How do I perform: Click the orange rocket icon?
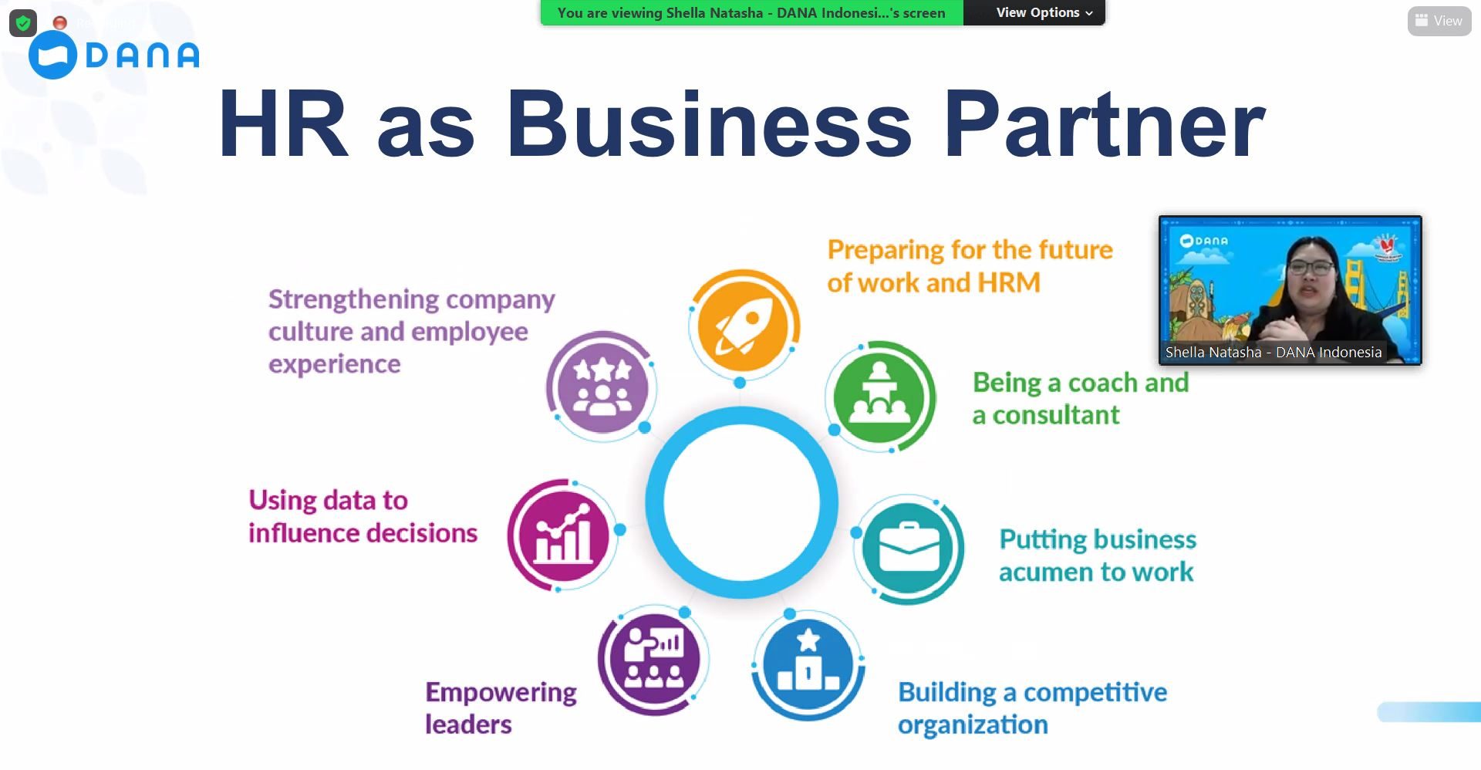[x=744, y=325]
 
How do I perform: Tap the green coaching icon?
[x=879, y=397]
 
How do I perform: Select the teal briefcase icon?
[x=909, y=549]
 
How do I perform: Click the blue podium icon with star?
[x=808, y=664]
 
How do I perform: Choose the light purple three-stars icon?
[x=602, y=385]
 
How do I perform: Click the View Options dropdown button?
[x=1044, y=12]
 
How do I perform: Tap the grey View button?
[x=1439, y=21]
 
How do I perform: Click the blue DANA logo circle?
[x=52, y=55]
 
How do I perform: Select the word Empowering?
[x=501, y=692]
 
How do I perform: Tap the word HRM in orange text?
[x=1008, y=282]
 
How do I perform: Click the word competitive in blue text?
[x=1095, y=692]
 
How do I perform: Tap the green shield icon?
[x=23, y=23]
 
